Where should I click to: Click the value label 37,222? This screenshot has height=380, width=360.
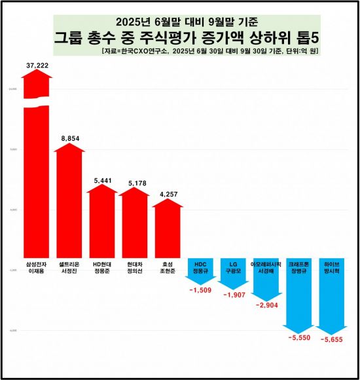point(37,66)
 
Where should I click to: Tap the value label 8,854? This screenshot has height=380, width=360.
point(69,139)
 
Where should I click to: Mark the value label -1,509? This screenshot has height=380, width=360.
point(200,290)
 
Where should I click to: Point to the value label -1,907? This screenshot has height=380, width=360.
point(233,295)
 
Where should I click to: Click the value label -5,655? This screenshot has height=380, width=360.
point(334,339)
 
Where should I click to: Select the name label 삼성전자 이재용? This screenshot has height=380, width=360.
point(37,269)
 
